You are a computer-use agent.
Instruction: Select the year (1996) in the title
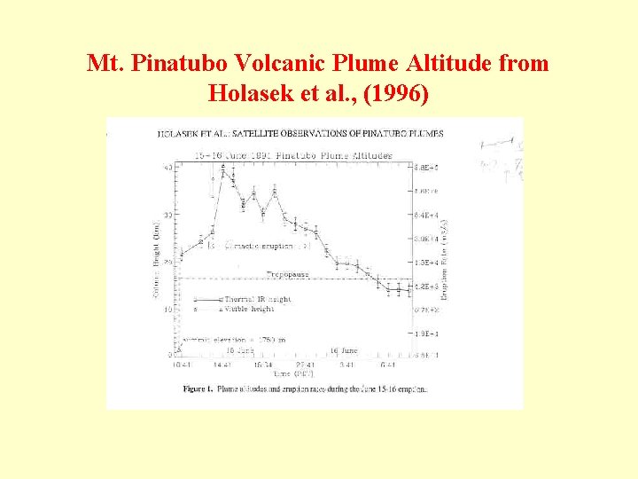(396, 91)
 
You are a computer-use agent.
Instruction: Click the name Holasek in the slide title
(245, 91)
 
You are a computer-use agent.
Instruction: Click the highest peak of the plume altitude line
(223, 167)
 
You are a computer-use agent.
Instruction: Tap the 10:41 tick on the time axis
(182, 364)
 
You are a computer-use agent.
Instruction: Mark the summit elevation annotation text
(235, 340)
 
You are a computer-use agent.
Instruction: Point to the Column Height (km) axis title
(158, 253)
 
